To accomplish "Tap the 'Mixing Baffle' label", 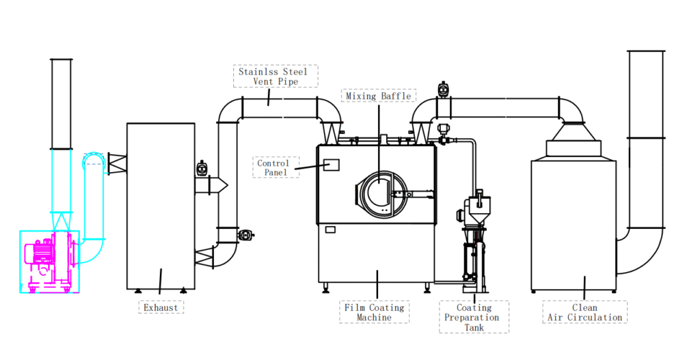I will click(378, 96).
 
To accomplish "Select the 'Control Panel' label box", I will click(273, 167).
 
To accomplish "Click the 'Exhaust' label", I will click(161, 307).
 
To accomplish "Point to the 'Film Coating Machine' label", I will click(375, 312).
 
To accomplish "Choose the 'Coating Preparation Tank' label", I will click(474, 318).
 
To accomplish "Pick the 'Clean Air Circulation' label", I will click(584, 312).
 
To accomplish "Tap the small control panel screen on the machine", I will click(332, 165).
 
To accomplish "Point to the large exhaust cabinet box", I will click(161, 205).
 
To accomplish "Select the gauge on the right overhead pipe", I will click(444, 89).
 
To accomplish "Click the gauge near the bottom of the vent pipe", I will click(245, 235).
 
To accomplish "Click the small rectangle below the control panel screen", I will click(330, 230).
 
